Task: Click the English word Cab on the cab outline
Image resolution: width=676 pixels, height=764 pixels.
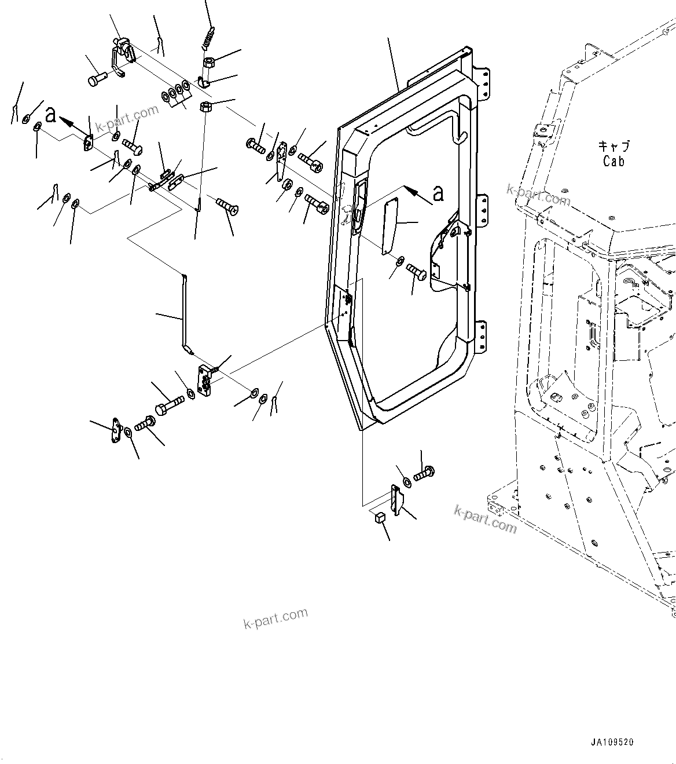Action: tap(613, 162)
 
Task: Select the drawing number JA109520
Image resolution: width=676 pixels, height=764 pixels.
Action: tap(612, 741)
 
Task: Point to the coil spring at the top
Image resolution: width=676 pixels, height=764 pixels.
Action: tap(208, 39)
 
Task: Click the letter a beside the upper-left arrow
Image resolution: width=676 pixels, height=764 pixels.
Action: tap(51, 115)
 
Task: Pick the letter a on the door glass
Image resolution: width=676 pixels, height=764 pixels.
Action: tap(438, 193)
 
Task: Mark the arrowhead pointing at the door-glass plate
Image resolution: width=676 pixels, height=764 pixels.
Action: tap(407, 189)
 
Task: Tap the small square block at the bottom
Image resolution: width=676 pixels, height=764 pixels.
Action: tap(380, 517)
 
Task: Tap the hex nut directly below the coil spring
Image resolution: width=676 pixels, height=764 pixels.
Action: tap(208, 61)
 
